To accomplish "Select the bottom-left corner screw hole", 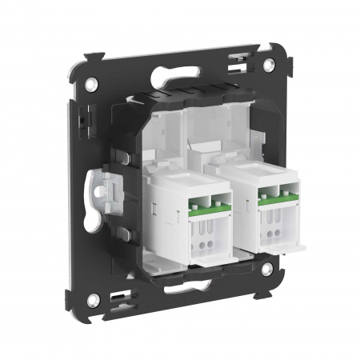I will (94, 299).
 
